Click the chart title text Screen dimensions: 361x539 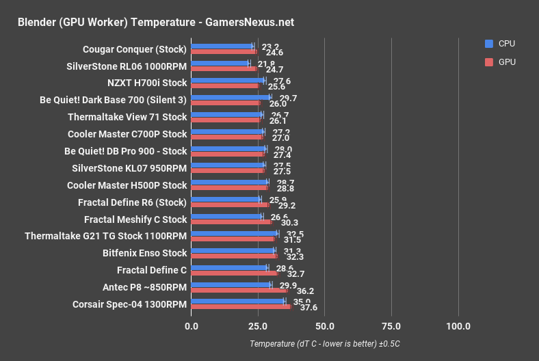(x=155, y=22)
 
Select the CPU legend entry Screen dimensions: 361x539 (x=506, y=44)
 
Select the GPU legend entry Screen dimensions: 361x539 (x=506, y=62)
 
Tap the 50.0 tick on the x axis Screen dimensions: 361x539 (x=324, y=325)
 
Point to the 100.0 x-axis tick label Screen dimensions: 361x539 (x=458, y=325)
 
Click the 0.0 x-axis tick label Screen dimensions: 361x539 (x=192, y=325)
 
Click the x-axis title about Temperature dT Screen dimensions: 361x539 (x=324, y=343)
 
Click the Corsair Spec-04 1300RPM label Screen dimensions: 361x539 (x=129, y=304)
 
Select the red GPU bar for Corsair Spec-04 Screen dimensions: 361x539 (x=241, y=306)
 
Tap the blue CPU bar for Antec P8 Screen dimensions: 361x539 (x=231, y=284)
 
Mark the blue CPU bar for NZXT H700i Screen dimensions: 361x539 (x=228, y=81)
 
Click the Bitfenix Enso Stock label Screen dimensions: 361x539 (x=144, y=253)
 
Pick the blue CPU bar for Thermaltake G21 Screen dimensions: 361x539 (x=235, y=234)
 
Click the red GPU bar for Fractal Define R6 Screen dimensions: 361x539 (x=230, y=204)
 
